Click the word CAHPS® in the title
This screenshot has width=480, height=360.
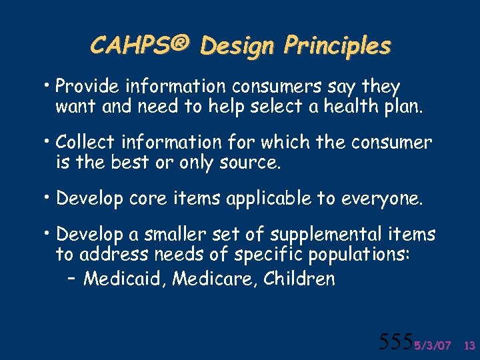(141, 45)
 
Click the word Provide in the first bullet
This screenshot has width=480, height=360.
(85, 87)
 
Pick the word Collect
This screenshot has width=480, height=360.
(83, 142)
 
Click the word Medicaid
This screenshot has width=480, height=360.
(125, 278)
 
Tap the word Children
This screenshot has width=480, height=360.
(299, 278)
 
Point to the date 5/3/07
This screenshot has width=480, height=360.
(432, 345)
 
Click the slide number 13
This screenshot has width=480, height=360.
(468, 345)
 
